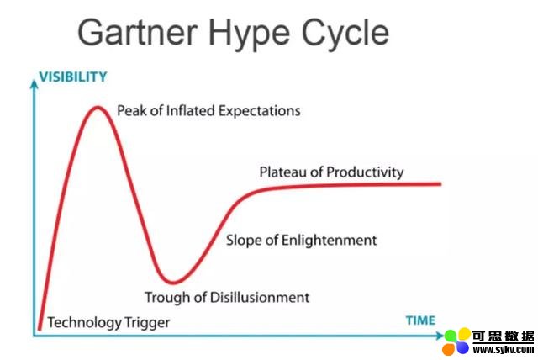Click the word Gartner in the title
[x=138, y=32]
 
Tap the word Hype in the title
[x=249, y=34]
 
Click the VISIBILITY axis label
[x=73, y=77]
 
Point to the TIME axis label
[x=420, y=320]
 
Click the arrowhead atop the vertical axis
[x=34, y=83]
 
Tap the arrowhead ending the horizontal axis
[x=440, y=336]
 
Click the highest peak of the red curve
[x=98, y=108]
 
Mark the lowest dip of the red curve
[x=174, y=283]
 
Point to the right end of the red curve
[x=440, y=184]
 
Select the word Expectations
[x=259, y=111]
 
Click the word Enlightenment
[x=329, y=240]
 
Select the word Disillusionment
[x=260, y=297]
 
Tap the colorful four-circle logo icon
[x=456, y=341]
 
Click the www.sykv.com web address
[x=504, y=350]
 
